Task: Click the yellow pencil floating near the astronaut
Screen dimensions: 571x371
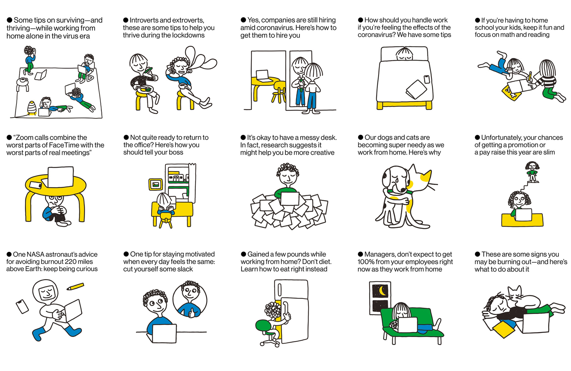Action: click(75, 287)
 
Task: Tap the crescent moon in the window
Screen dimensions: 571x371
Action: click(381, 291)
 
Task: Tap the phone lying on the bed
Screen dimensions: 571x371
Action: click(427, 79)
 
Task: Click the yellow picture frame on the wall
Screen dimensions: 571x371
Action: click(156, 184)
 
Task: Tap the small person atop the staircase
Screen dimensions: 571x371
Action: click(532, 172)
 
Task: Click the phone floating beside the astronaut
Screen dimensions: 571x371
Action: click(22, 306)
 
